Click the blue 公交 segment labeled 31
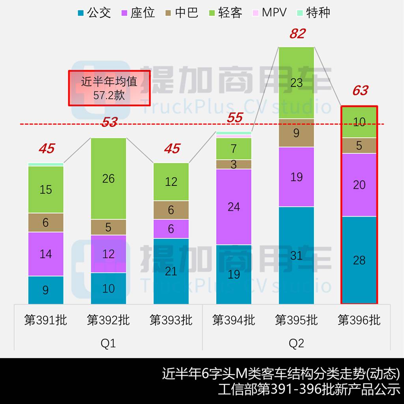pyautogui.click(x=296, y=255)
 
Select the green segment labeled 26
pyautogui.click(x=108, y=178)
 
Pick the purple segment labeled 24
pyautogui.click(x=234, y=206)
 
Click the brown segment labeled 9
pyautogui.click(x=296, y=133)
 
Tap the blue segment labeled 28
pyautogui.click(x=359, y=260)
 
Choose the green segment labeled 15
pyautogui.click(x=46, y=189)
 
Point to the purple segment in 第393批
pyautogui.click(x=171, y=229)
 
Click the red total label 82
pyautogui.click(x=297, y=34)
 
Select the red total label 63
pyautogui.click(x=360, y=91)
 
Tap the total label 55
pyautogui.click(x=234, y=118)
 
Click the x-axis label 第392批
pyautogui.click(x=108, y=320)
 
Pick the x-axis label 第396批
pyautogui.click(x=359, y=320)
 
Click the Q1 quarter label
pyautogui.click(x=108, y=343)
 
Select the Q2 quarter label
pyautogui.click(x=296, y=343)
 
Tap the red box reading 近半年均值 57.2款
pyautogui.click(x=109, y=88)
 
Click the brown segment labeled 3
pyautogui.click(x=234, y=165)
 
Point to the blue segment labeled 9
pyautogui.click(x=46, y=290)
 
